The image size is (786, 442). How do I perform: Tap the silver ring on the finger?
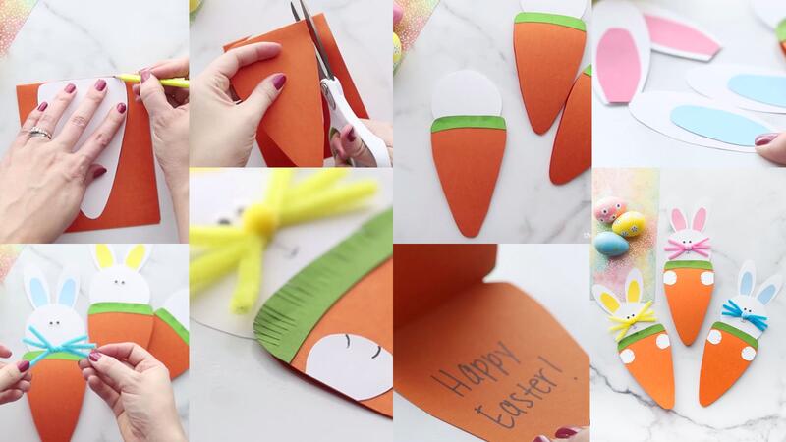click(x=39, y=134)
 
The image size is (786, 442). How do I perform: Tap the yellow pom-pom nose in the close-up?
click(x=259, y=221)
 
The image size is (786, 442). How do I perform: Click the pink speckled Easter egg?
click(x=609, y=209)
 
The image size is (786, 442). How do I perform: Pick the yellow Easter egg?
click(x=629, y=224)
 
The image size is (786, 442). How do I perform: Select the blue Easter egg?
click(x=611, y=244)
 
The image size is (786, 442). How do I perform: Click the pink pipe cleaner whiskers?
click(x=688, y=247)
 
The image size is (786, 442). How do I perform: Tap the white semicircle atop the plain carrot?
click(x=466, y=94)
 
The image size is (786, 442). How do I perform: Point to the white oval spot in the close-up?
click(x=351, y=364)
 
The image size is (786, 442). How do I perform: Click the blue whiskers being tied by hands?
click(x=58, y=343)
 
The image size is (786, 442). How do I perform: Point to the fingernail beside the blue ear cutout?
click(x=765, y=138)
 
